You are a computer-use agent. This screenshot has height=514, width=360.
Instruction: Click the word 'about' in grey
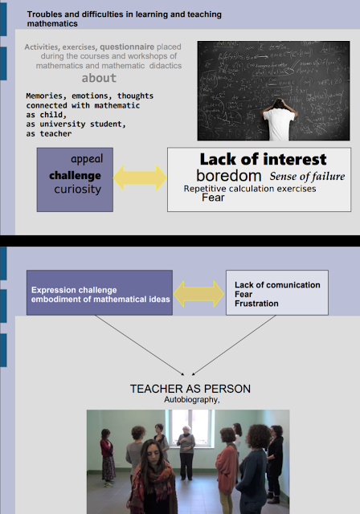[99, 78]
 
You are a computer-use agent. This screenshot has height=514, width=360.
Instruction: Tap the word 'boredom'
[229, 176]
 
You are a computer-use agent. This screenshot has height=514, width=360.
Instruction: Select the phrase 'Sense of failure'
[307, 177]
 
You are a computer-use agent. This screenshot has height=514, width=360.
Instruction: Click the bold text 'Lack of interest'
[263, 159]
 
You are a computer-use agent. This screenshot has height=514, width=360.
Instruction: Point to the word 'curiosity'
[78, 190]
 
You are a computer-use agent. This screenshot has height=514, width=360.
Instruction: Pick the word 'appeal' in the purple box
[87, 159]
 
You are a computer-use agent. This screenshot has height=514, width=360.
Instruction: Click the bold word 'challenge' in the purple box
[75, 175]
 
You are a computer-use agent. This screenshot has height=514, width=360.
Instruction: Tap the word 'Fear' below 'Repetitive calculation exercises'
[213, 198]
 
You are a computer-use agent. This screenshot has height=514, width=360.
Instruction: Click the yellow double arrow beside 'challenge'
[140, 177]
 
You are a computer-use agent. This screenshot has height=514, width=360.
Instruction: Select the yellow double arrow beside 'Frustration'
[198, 294]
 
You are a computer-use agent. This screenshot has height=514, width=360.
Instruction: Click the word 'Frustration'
[256, 304]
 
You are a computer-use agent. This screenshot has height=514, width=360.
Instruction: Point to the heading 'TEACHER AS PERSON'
[190, 389]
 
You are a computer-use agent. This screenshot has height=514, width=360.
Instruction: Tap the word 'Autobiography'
[191, 400]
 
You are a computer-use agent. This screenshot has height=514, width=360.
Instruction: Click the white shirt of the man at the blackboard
[279, 124]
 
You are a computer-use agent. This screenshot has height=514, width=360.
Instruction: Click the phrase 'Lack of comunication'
[277, 285]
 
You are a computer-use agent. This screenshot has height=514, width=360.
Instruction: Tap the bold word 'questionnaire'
[127, 47]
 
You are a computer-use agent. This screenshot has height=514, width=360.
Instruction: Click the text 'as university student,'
[76, 124]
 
